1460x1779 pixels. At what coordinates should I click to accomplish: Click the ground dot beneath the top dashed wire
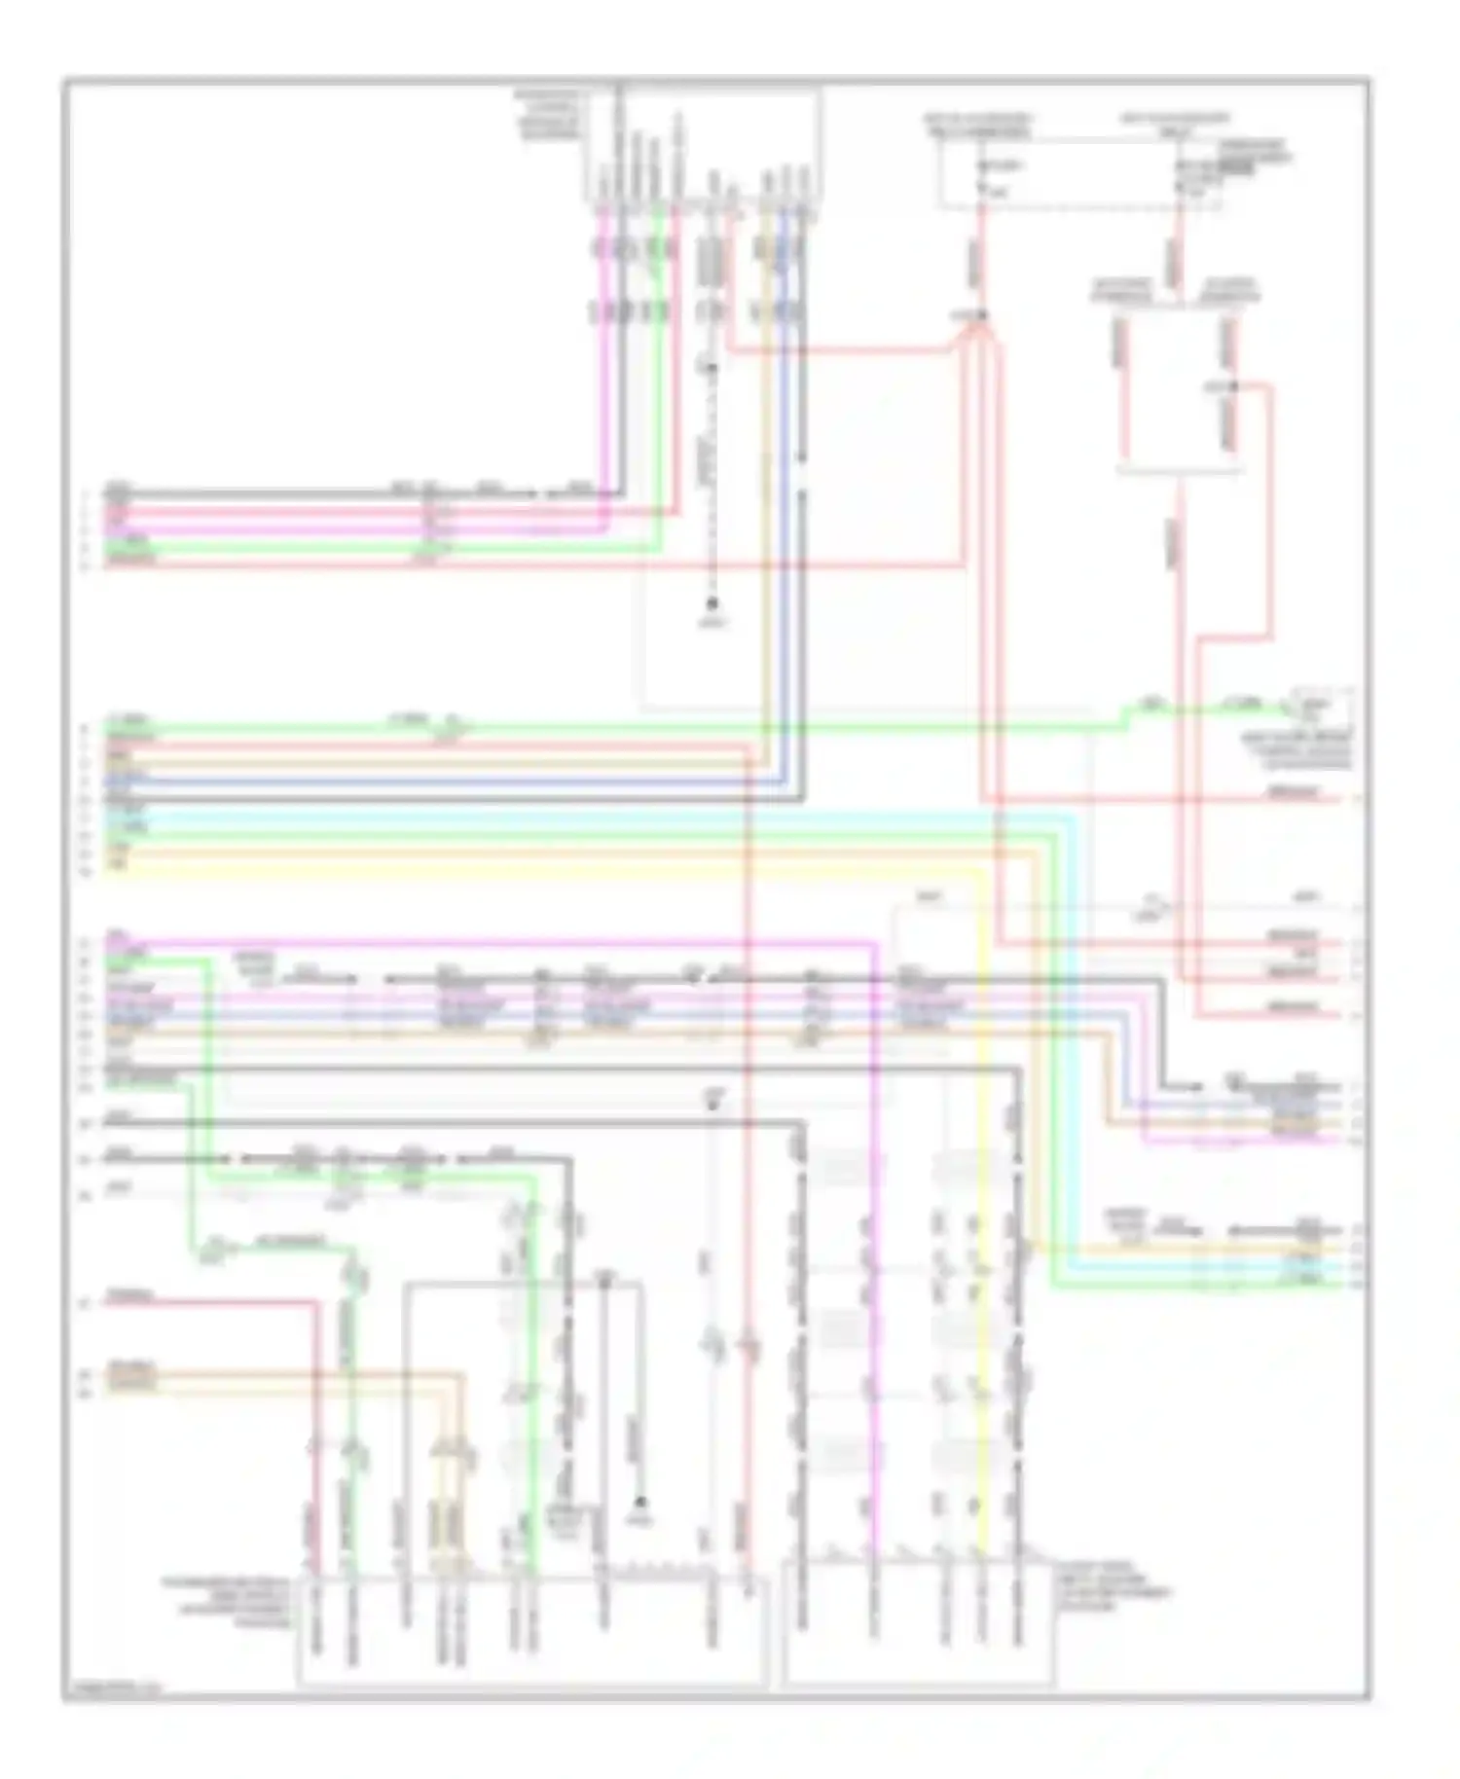pos(712,602)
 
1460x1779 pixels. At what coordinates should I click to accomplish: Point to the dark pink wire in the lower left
pos(316,1411)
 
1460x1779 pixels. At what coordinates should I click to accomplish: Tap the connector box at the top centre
pos(702,146)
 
